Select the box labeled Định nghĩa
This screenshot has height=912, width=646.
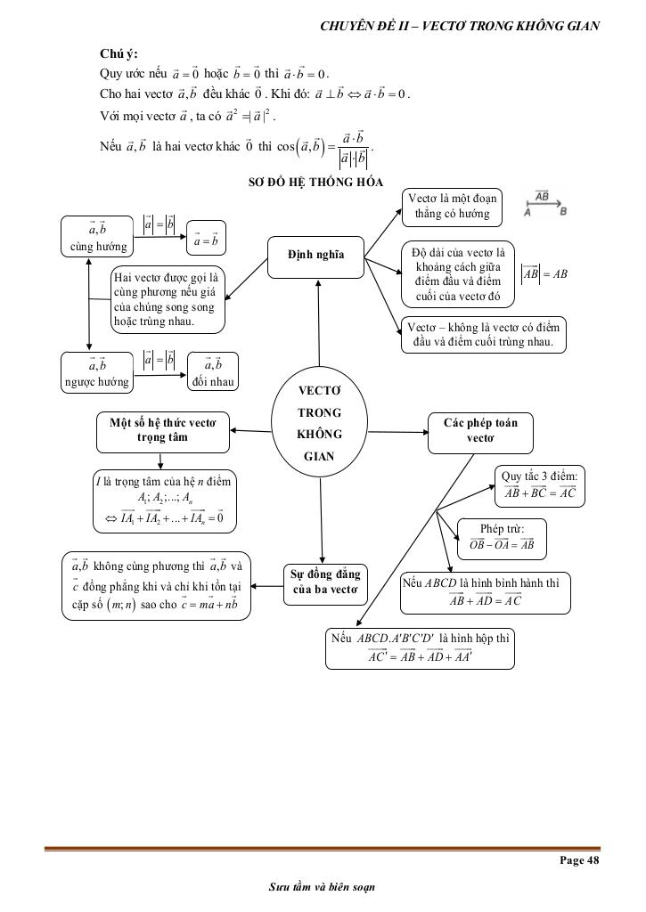point(317,256)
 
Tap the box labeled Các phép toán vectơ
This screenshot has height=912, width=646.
point(480,429)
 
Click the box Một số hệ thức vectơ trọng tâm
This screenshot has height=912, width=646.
point(162,429)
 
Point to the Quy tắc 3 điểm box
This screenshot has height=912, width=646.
point(540,484)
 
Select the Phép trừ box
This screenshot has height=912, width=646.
point(502,538)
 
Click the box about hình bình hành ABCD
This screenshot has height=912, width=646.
point(486,592)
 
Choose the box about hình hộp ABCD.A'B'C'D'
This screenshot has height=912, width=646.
point(420,648)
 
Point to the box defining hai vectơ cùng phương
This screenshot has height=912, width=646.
point(168,298)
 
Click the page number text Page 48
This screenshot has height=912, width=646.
point(579,859)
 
